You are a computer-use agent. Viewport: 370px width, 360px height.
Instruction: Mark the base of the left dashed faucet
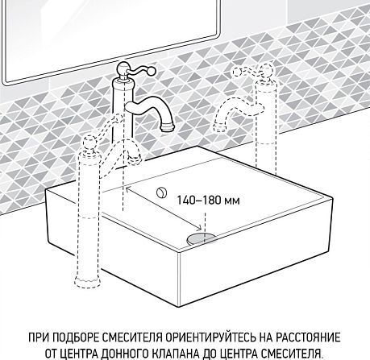click(86, 284)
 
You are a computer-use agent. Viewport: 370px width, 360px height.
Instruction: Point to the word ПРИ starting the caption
click(37, 336)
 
